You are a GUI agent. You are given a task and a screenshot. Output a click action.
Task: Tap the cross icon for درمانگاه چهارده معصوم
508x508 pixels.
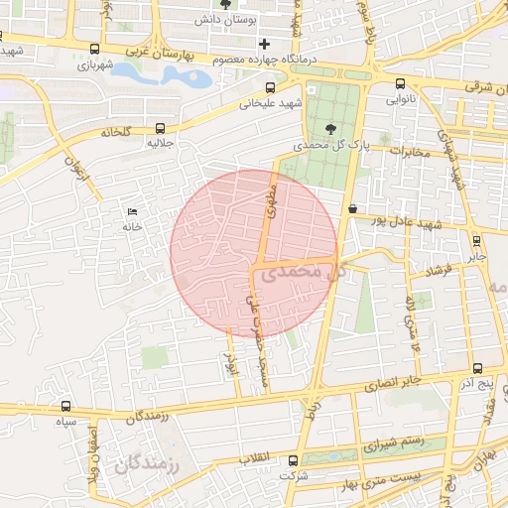click(x=264, y=45)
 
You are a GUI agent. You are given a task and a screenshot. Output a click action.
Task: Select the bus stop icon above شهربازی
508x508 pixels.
click(x=94, y=49)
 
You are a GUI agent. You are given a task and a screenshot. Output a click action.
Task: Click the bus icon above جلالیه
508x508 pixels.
click(x=161, y=128)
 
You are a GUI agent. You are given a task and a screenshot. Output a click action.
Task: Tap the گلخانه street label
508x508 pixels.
click(x=115, y=131)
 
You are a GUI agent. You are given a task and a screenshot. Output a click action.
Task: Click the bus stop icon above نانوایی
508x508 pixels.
click(x=400, y=84)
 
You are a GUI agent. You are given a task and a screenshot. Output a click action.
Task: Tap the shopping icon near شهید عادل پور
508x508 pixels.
click(x=353, y=208)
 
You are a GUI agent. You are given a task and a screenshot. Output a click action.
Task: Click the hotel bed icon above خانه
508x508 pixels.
click(x=133, y=211)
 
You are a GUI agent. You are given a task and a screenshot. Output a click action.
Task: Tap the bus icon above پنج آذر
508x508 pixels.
click(x=477, y=368)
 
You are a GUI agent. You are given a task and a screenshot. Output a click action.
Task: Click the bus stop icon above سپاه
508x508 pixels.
click(x=66, y=406)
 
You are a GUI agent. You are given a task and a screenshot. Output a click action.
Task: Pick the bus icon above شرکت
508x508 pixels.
click(x=293, y=460)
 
